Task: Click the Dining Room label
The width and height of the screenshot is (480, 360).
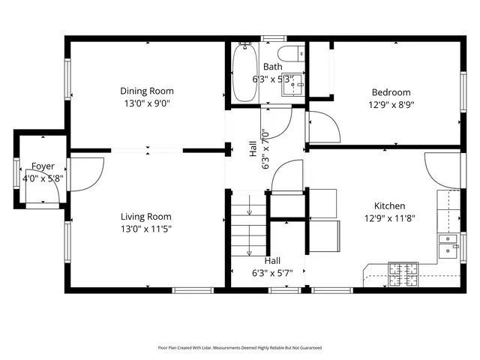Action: click(x=147, y=91)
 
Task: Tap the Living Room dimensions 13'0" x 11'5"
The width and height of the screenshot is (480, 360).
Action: click(x=147, y=229)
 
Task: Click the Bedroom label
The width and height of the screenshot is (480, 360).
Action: click(x=391, y=93)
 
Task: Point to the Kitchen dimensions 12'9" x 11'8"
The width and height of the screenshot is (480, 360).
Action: click(x=389, y=218)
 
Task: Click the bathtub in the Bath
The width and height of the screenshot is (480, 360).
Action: click(x=244, y=73)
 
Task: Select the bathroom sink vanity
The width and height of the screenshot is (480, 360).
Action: click(x=293, y=85)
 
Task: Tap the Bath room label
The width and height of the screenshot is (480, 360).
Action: click(x=272, y=67)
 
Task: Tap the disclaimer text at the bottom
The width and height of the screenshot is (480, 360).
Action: click(x=239, y=347)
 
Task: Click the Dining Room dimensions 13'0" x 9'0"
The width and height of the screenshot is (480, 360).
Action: click(x=147, y=103)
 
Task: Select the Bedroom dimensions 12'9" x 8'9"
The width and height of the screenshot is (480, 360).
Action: click(x=391, y=105)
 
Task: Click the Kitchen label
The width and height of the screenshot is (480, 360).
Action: click(x=390, y=206)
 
